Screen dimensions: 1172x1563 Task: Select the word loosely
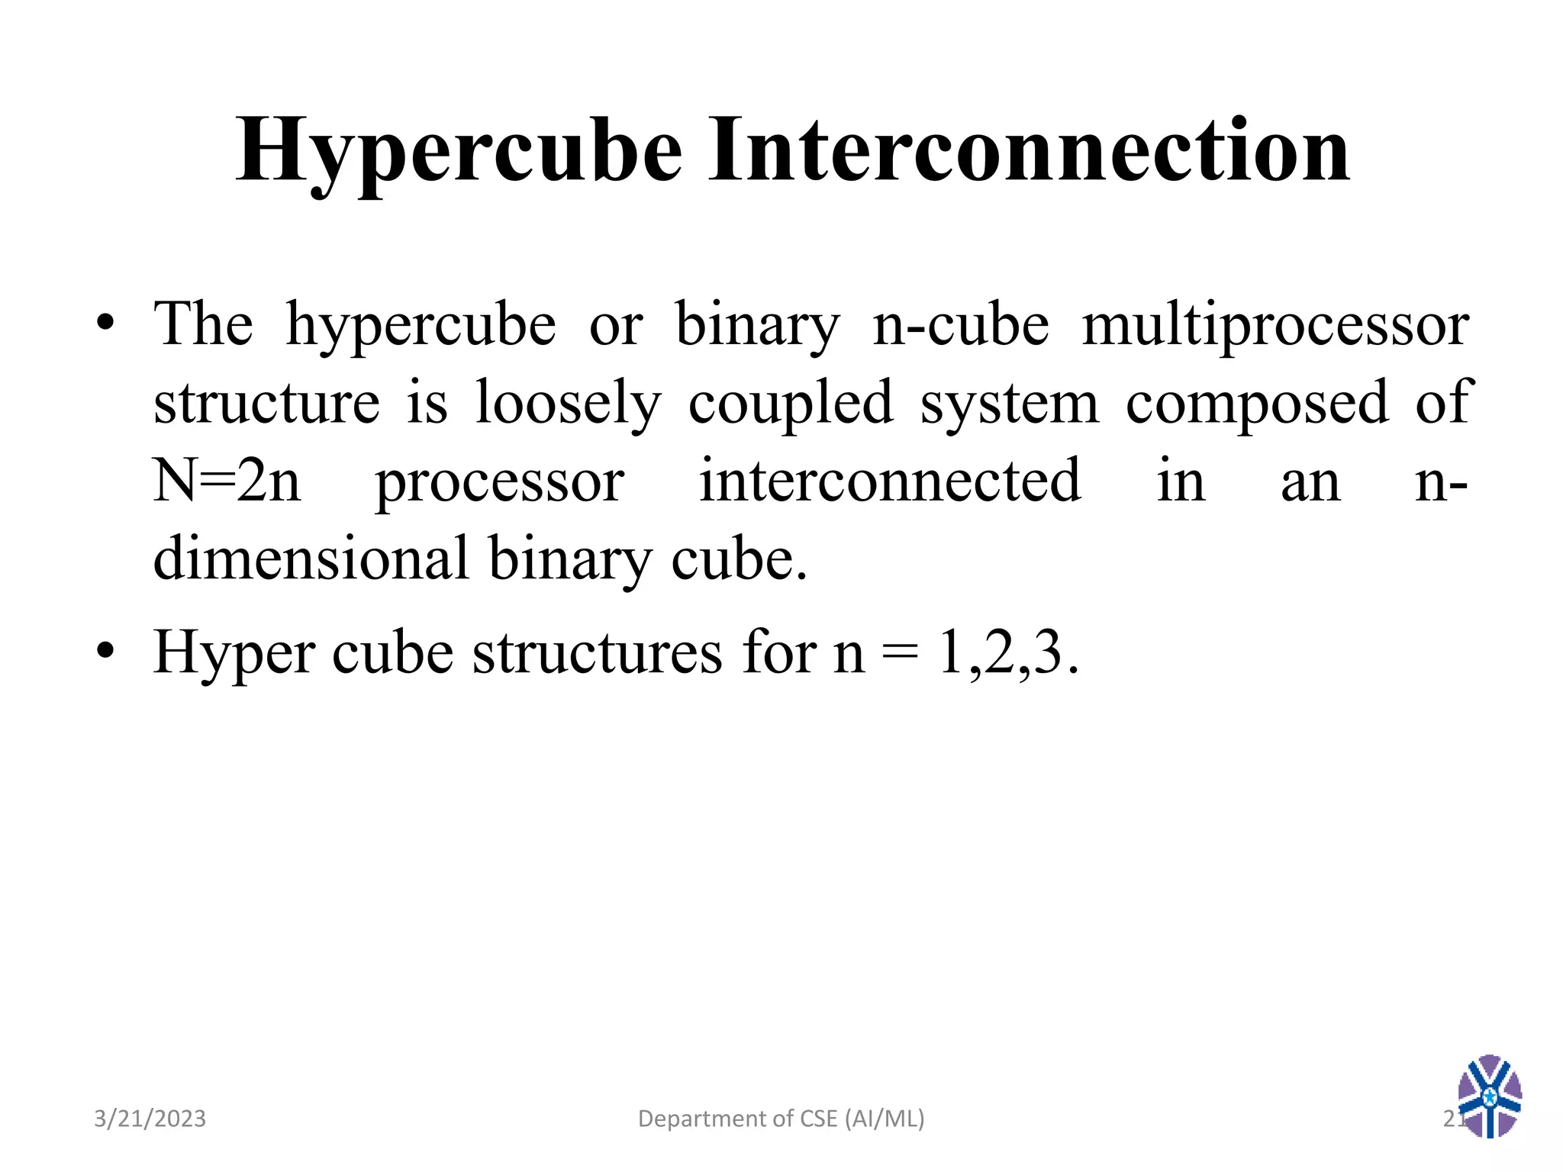click(x=568, y=404)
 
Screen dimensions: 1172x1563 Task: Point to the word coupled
click(x=791, y=404)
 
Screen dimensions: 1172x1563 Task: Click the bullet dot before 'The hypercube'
click(x=105, y=324)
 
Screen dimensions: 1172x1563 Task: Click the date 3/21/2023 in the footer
click(x=150, y=1119)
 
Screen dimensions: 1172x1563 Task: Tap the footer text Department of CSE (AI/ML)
click(x=781, y=1119)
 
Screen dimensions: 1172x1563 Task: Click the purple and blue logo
click(x=1489, y=1096)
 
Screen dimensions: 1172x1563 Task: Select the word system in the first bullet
click(x=1009, y=405)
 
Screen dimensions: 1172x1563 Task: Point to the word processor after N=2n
click(x=500, y=483)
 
